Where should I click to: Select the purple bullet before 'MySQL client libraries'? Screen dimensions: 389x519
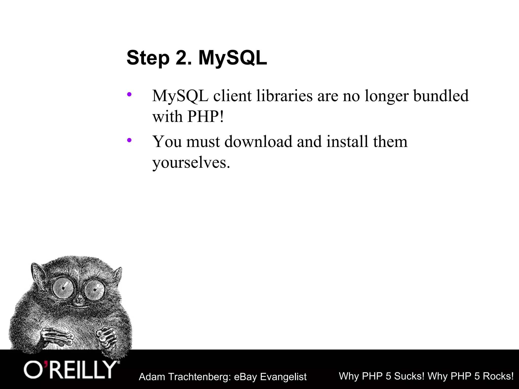pyautogui.click(x=129, y=95)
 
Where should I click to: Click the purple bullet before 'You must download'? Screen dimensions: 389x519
pyautogui.click(x=129, y=140)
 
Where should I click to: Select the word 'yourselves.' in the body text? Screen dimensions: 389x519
pyautogui.click(x=191, y=162)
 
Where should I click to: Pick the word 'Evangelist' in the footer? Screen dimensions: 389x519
pyautogui.click(x=283, y=377)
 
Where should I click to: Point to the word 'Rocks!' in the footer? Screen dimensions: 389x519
pyautogui.click(x=498, y=376)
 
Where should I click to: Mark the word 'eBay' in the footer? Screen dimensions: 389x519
pyautogui.click(x=245, y=377)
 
